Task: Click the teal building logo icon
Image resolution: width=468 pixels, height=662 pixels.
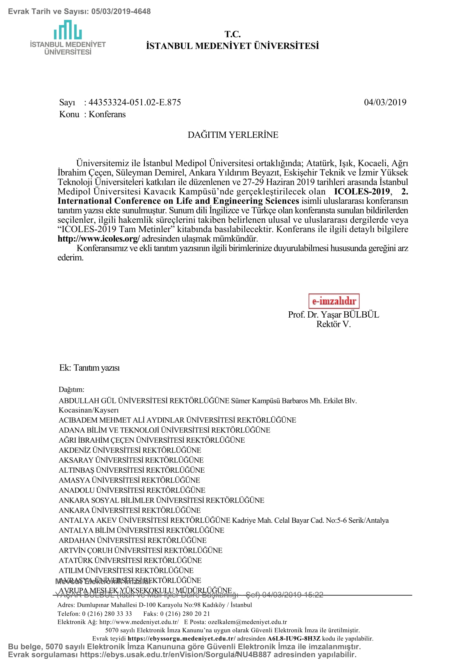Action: click(x=68, y=30)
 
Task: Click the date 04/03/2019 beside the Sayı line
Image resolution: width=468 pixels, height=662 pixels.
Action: click(x=385, y=102)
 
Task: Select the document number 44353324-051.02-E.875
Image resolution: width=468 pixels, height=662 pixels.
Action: click(x=135, y=102)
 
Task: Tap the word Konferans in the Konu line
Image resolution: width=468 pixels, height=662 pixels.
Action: click(x=107, y=114)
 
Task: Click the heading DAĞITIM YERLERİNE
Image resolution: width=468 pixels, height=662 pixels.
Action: click(x=233, y=135)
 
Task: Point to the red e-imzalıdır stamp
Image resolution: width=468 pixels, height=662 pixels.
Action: click(x=334, y=301)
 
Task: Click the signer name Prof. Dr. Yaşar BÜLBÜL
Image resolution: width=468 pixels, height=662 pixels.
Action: click(x=333, y=314)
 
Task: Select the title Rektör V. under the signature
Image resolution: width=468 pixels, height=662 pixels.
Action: click(x=333, y=324)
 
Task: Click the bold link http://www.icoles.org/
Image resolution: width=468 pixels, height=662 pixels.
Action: click(x=99, y=239)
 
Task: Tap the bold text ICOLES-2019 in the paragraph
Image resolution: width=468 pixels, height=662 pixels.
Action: click(x=362, y=191)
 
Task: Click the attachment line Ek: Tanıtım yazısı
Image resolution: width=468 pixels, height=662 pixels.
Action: click(x=89, y=368)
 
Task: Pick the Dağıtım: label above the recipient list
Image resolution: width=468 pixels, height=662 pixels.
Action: click(x=72, y=389)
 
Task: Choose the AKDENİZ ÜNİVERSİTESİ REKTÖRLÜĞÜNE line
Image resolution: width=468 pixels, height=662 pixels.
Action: click(x=130, y=450)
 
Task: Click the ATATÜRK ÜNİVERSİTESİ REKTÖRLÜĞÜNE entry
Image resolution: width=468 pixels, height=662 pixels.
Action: click(x=130, y=560)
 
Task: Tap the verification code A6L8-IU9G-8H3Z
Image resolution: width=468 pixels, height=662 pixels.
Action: click(x=294, y=638)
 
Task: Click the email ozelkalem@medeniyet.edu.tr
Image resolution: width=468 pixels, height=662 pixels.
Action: click(x=247, y=622)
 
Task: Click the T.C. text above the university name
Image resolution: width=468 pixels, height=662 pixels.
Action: click(x=232, y=34)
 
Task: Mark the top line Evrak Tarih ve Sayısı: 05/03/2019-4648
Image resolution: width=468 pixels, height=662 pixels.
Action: click(x=79, y=12)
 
